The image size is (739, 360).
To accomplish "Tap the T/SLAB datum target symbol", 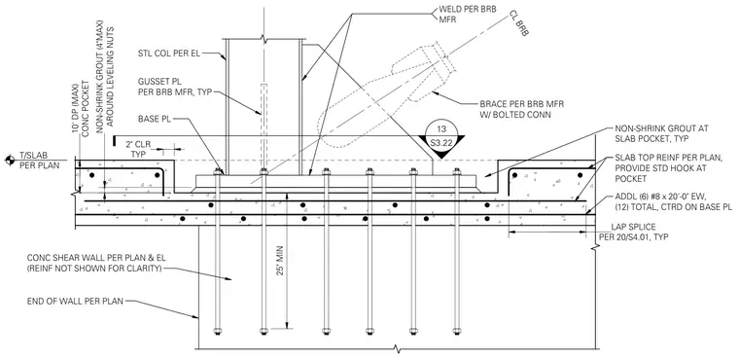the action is [x=9, y=161].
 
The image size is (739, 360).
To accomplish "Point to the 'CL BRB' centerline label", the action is [x=519, y=23].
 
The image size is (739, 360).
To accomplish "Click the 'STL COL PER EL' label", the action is [x=169, y=54].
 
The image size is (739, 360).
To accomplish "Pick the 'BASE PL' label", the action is [x=154, y=119].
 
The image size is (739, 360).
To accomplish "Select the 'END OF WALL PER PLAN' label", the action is [x=75, y=301].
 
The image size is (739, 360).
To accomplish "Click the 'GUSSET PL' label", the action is [x=159, y=81].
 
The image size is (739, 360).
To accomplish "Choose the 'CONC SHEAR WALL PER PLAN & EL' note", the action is [x=96, y=258].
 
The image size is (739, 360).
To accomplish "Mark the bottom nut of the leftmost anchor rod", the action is [x=217, y=331].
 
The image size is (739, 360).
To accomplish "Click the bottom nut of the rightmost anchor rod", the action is [x=456, y=331].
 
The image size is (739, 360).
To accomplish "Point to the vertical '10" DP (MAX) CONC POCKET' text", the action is [x=82, y=116].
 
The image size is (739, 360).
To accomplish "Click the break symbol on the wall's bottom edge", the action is [x=397, y=349].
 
